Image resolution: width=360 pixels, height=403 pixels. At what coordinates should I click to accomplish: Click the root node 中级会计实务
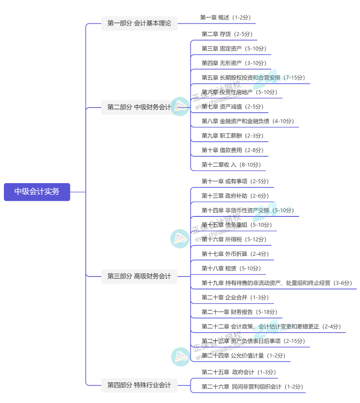(x=37, y=192)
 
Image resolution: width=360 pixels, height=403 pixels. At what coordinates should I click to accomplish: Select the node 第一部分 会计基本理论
(x=139, y=23)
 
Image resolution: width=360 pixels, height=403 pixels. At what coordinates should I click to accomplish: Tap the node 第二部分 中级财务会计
(x=139, y=107)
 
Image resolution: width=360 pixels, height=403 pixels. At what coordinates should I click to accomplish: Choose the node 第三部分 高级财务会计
(x=139, y=276)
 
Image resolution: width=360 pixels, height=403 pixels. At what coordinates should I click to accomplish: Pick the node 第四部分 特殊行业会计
(x=139, y=385)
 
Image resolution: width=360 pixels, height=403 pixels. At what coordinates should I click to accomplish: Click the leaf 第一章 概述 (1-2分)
(x=225, y=18)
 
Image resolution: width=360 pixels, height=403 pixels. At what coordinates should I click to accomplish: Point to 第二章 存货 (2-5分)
(x=227, y=34)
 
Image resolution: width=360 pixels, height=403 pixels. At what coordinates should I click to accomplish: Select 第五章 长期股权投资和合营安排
(x=253, y=78)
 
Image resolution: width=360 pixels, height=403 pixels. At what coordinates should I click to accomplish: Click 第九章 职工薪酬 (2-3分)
(x=232, y=136)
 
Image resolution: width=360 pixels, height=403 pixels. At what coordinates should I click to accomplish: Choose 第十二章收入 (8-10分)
(x=231, y=165)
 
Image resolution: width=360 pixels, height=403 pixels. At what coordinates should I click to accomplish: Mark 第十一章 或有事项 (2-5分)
(x=235, y=181)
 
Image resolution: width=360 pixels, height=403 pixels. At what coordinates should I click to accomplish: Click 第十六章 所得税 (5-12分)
(x=234, y=239)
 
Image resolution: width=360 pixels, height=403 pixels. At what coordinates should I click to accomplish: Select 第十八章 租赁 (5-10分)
(x=231, y=268)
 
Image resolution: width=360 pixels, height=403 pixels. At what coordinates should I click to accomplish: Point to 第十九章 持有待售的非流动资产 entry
(x=276, y=283)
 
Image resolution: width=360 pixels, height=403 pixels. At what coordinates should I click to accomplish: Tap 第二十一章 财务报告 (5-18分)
(x=239, y=312)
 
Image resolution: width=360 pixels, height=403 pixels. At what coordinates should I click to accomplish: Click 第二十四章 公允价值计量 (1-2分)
(x=243, y=355)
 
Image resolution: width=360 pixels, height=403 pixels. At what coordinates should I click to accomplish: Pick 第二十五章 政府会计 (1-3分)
(x=238, y=372)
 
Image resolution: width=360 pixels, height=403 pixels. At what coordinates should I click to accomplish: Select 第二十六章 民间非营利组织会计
(x=252, y=387)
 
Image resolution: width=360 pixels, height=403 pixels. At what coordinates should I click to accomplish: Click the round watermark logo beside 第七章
(x=180, y=106)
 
